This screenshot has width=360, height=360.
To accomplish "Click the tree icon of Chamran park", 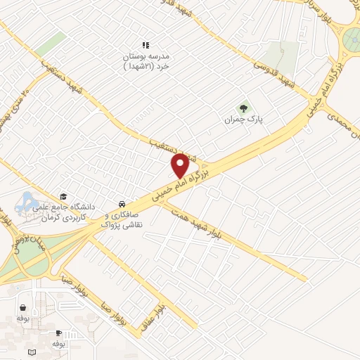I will tap(244, 108).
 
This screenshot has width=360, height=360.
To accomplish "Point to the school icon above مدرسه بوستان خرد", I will tap(146, 44).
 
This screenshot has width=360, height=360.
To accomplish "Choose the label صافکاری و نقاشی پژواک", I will tap(123, 218).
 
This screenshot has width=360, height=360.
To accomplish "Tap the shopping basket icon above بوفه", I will tap(25, 307).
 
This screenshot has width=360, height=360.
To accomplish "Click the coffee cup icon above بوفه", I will tap(58, 333).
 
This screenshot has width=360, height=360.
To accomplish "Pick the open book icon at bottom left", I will tap(30, 351).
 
